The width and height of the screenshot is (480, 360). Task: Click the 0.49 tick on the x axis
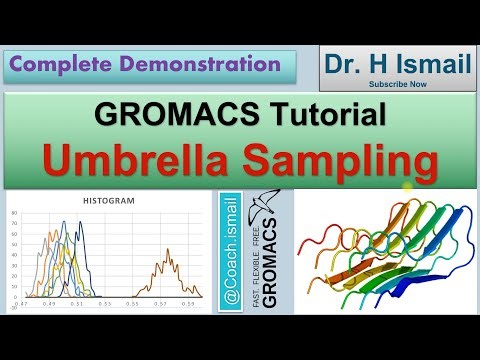[49, 303]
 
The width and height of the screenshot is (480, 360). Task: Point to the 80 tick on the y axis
[13, 212]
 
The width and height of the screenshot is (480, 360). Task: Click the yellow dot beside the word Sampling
[407, 186]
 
